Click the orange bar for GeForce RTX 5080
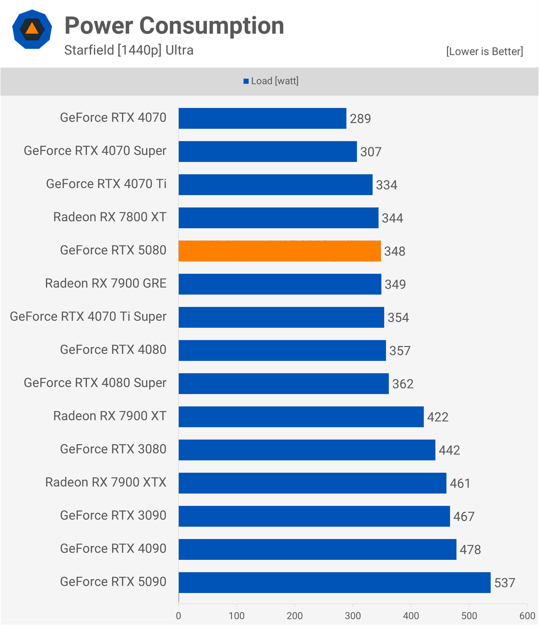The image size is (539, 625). coord(279,251)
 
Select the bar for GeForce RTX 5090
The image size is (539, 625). coord(334,582)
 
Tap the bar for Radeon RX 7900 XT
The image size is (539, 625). coord(301,417)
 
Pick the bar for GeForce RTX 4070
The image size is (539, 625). coord(262,118)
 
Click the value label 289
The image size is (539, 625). coord(360,119)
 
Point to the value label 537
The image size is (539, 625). coord(504,583)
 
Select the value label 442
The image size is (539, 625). coord(449,450)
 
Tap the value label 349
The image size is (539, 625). coord(395,284)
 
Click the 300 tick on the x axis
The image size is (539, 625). coord(353,616)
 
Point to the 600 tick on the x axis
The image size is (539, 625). coord(527,616)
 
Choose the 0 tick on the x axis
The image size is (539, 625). coord(178,616)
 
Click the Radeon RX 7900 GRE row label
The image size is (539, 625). coord(106,284)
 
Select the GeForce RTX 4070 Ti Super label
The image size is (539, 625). coord(88,317)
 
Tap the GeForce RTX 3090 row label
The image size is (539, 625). coord(113,515)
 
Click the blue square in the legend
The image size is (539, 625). coord(246,82)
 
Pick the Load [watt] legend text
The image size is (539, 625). coord(275,81)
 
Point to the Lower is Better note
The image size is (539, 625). coord(484,51)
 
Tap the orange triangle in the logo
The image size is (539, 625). coord(32,29)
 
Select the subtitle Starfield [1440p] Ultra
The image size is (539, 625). coord(129,50)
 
